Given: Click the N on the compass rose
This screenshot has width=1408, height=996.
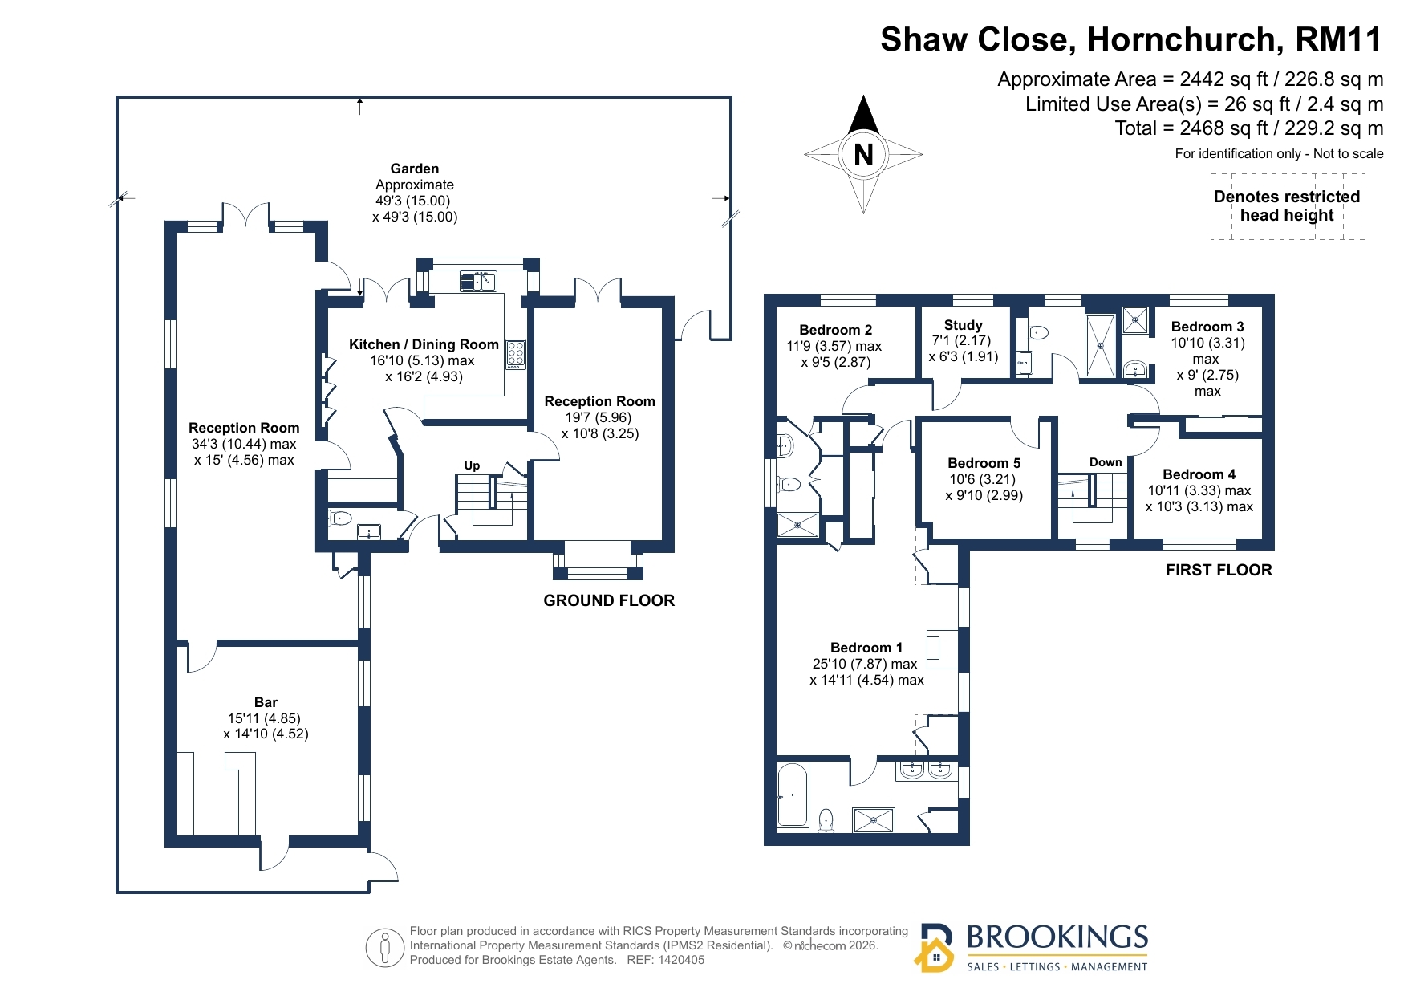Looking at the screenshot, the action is [x=863, y=154].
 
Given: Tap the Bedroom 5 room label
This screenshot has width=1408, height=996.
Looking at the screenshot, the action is [x=984, y=463].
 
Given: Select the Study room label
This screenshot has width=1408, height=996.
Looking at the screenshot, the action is [x=963, y=325].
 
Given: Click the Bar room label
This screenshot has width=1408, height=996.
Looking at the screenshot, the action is [x=266, y=702].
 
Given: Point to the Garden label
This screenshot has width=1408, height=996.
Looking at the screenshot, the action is [x=415, y=169].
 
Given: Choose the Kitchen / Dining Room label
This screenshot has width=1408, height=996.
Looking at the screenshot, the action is [x=424, y=344].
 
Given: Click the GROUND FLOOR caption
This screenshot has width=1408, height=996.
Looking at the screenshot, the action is [x=609, y=600].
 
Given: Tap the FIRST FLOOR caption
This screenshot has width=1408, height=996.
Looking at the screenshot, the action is [x=1219, y=570].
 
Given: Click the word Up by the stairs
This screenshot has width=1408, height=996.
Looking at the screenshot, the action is [x=472, y=465].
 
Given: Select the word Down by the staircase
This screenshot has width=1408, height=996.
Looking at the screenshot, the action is [x=1106, y=462].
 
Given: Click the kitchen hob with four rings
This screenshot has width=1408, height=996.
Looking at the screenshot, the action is [x=515, y=355].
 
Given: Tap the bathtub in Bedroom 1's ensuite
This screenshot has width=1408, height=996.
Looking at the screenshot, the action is [x=793, y=795].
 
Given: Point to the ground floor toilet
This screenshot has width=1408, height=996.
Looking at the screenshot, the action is [x=339, y=518].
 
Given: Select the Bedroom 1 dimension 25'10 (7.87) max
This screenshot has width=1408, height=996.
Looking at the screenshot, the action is [x=864, y=664].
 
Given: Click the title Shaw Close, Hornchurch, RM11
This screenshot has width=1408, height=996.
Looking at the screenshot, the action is [x=1131, y=39].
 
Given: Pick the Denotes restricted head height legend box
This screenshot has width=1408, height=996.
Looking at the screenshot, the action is [x=1287, y=206].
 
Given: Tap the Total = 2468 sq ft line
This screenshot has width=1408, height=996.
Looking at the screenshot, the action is [x=1249, y=128].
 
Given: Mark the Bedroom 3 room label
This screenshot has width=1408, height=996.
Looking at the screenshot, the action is [x=1207, y=327].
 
